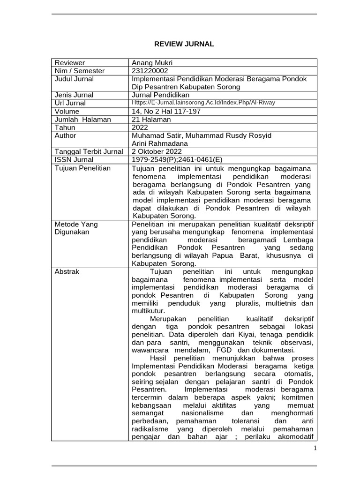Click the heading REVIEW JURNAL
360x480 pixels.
184,44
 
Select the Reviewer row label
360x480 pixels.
70,63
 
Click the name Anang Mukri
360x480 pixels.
153,63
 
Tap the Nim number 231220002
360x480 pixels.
150,71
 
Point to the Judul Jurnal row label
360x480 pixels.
74,79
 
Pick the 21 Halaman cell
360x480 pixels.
151,120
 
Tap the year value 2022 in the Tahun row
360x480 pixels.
141,127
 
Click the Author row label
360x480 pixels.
66,135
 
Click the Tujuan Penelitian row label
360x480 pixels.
83,168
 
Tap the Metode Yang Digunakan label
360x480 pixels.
76,228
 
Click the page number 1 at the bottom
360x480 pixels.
315,449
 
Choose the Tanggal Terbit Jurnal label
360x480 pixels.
89,151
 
